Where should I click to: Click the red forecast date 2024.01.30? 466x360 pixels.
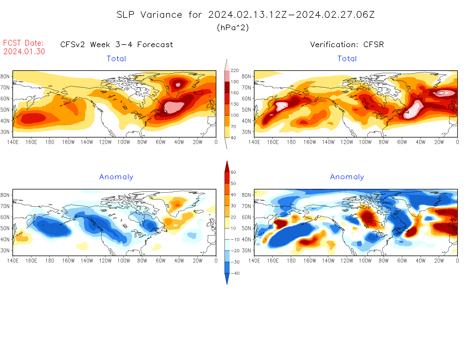[x=24, y=51]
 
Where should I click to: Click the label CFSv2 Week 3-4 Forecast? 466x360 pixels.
[x=117, y=45]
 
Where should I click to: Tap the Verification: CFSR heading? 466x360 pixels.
[x=347, y=45]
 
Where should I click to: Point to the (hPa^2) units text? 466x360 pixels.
[x=233, y=28]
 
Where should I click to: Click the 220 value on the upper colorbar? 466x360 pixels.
[x=234, y=71]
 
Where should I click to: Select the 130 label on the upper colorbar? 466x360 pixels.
[x=234, y=104]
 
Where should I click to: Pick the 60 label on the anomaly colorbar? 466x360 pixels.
[x=233, y=172]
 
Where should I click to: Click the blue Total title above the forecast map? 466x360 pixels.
[x=116, y=59]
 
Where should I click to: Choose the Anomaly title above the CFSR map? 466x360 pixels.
[x=347, y=177]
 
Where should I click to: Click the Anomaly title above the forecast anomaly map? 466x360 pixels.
[x=116, y=177]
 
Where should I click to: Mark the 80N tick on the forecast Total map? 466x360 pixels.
[x=5, y=77]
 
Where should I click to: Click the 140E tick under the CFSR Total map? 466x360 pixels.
[x=254, y=142]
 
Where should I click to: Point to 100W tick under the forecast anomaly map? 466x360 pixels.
[x=124, y=261]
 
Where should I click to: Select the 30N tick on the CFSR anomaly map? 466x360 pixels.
[x=246, y=250]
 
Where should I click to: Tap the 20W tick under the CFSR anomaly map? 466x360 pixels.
[x=439, y=261]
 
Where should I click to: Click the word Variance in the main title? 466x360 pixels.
[x=161, y=15]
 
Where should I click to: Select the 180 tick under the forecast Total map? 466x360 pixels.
[x=50, y=142]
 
